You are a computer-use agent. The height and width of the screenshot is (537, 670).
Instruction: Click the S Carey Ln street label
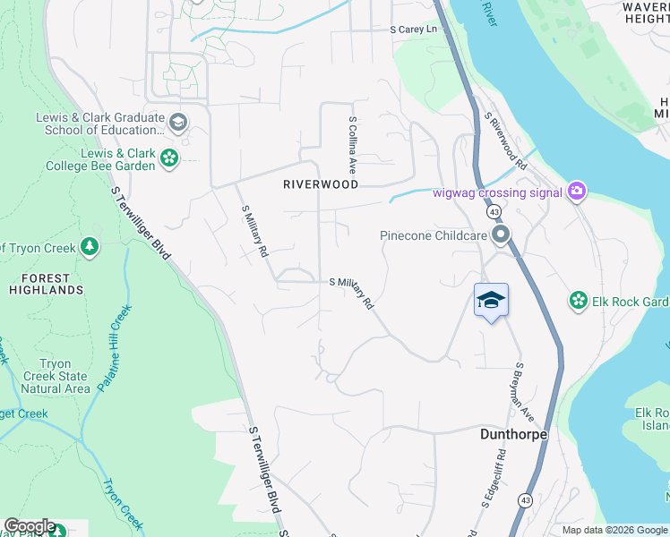414,30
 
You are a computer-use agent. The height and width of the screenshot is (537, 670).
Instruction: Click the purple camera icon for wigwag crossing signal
577,191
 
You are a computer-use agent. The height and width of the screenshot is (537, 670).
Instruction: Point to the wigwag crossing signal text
497,192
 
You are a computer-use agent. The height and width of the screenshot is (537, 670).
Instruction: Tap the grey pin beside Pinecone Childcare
500,235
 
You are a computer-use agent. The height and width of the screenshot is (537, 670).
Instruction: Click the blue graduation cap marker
491,300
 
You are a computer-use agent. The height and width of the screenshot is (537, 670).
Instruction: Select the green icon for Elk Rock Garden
578,302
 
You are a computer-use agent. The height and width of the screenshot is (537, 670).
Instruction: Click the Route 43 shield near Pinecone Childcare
494,212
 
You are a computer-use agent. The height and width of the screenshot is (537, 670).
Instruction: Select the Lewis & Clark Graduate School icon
178,123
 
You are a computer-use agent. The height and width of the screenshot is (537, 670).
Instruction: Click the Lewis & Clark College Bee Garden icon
168,159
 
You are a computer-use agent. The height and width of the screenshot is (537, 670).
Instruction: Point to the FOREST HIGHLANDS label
47,284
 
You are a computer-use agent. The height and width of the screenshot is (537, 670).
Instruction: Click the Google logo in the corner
29,526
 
